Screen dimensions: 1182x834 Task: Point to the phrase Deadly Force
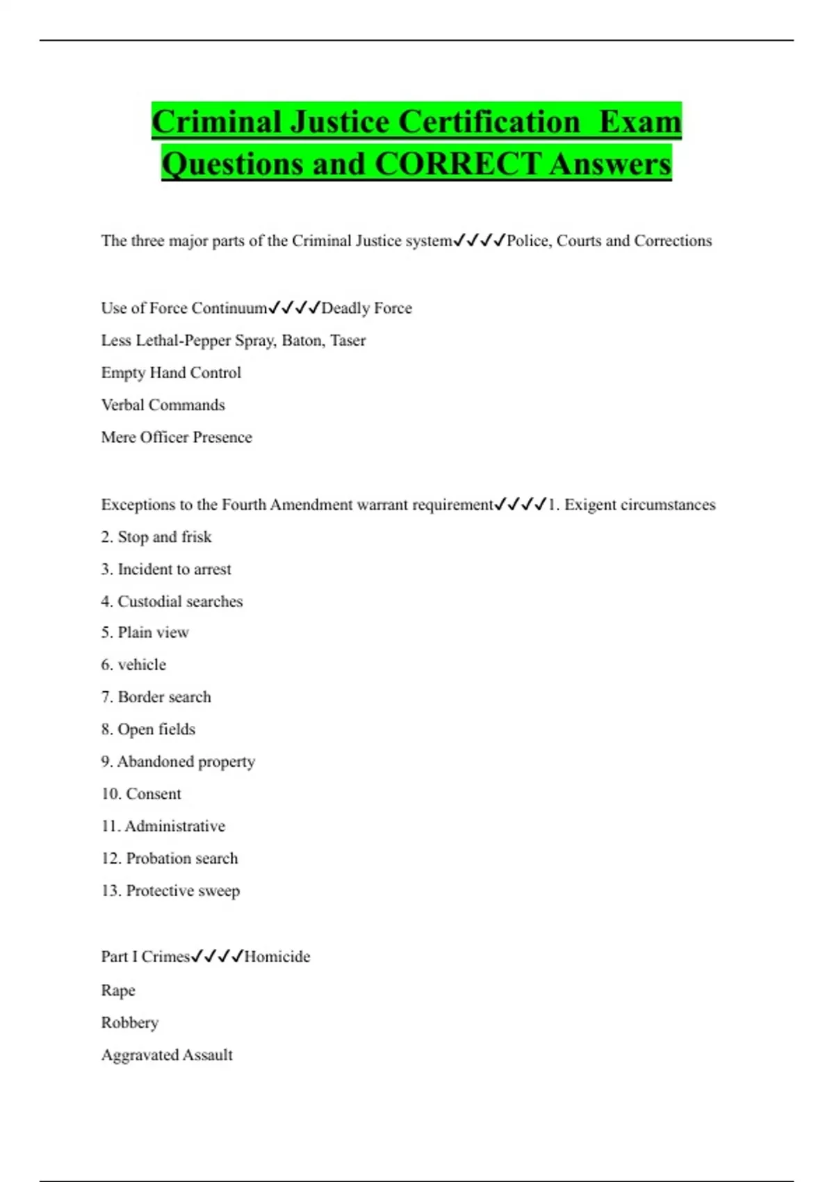click(366, 308)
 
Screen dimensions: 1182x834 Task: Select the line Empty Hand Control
click(171, 373)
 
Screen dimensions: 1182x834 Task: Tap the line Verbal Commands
click(163, 405)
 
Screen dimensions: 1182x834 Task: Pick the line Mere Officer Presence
click(177, 437)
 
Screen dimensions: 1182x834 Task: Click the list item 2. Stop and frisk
click(156, 537)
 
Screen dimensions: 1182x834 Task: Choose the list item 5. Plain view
click(145, 633)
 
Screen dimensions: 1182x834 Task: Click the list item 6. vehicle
click(133, 665)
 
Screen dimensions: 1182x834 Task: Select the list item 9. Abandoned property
click(178, 761)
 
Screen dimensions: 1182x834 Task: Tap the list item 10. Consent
click(141, 794)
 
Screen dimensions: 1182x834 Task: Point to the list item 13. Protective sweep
click(170, 891)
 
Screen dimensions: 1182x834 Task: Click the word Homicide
click(277, 957)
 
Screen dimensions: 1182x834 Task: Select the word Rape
click(118, 990)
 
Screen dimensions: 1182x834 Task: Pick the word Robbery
click(130, 1023)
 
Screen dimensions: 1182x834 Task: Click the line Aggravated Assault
click(167, 1055)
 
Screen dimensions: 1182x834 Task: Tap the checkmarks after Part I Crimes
click(217, 957)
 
